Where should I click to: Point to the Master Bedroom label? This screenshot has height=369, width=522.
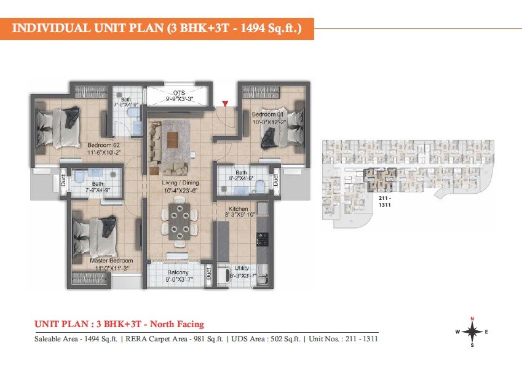[x=111, y=261]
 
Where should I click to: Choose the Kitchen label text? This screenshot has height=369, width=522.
[x=238, y=210]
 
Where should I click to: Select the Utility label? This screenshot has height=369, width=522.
[x=242, y=269]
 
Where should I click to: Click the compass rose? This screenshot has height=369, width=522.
[x=472, y=331]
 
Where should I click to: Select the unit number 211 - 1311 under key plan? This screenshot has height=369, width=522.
[x=385, y=202]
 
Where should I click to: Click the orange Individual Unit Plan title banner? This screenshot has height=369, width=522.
[x=157, y=28]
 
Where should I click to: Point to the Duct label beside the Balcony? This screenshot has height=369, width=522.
[x=208, y=273]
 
